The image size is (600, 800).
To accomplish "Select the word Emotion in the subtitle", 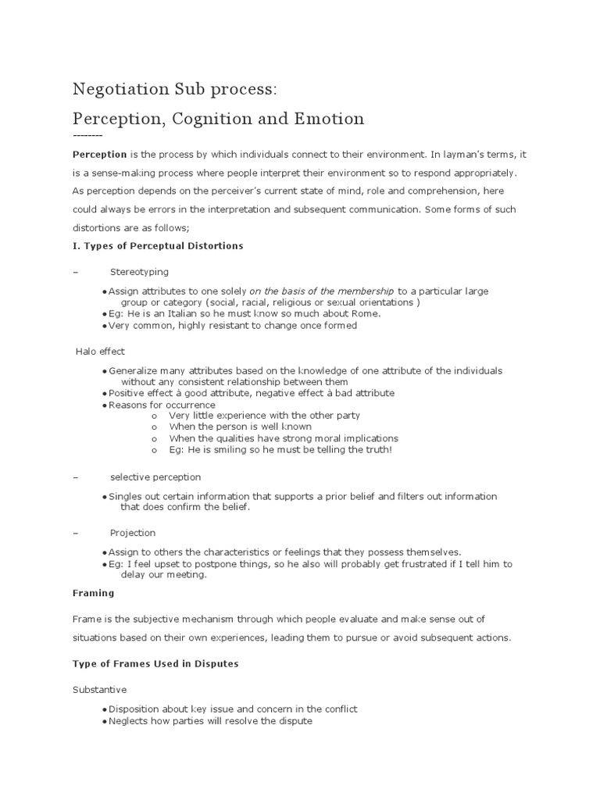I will tap(329, 119).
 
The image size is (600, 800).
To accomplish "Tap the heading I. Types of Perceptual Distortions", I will tap(158, 245).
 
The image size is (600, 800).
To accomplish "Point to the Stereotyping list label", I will tap(139, 272).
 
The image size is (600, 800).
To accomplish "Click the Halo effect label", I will tap(100, 352).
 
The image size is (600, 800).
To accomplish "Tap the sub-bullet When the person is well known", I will tap(241, 427).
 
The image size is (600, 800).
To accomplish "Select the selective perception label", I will tap(155, 477).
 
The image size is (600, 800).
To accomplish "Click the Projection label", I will tap(133, 533).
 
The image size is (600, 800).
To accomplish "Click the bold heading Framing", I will tap(93, 593).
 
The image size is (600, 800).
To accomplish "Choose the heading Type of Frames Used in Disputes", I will tap(155, 663).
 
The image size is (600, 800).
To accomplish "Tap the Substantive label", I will tap(99, 691).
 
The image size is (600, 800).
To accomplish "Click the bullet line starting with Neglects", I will tap(210, 721).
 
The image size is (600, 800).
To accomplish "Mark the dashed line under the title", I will tap(87, 136).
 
